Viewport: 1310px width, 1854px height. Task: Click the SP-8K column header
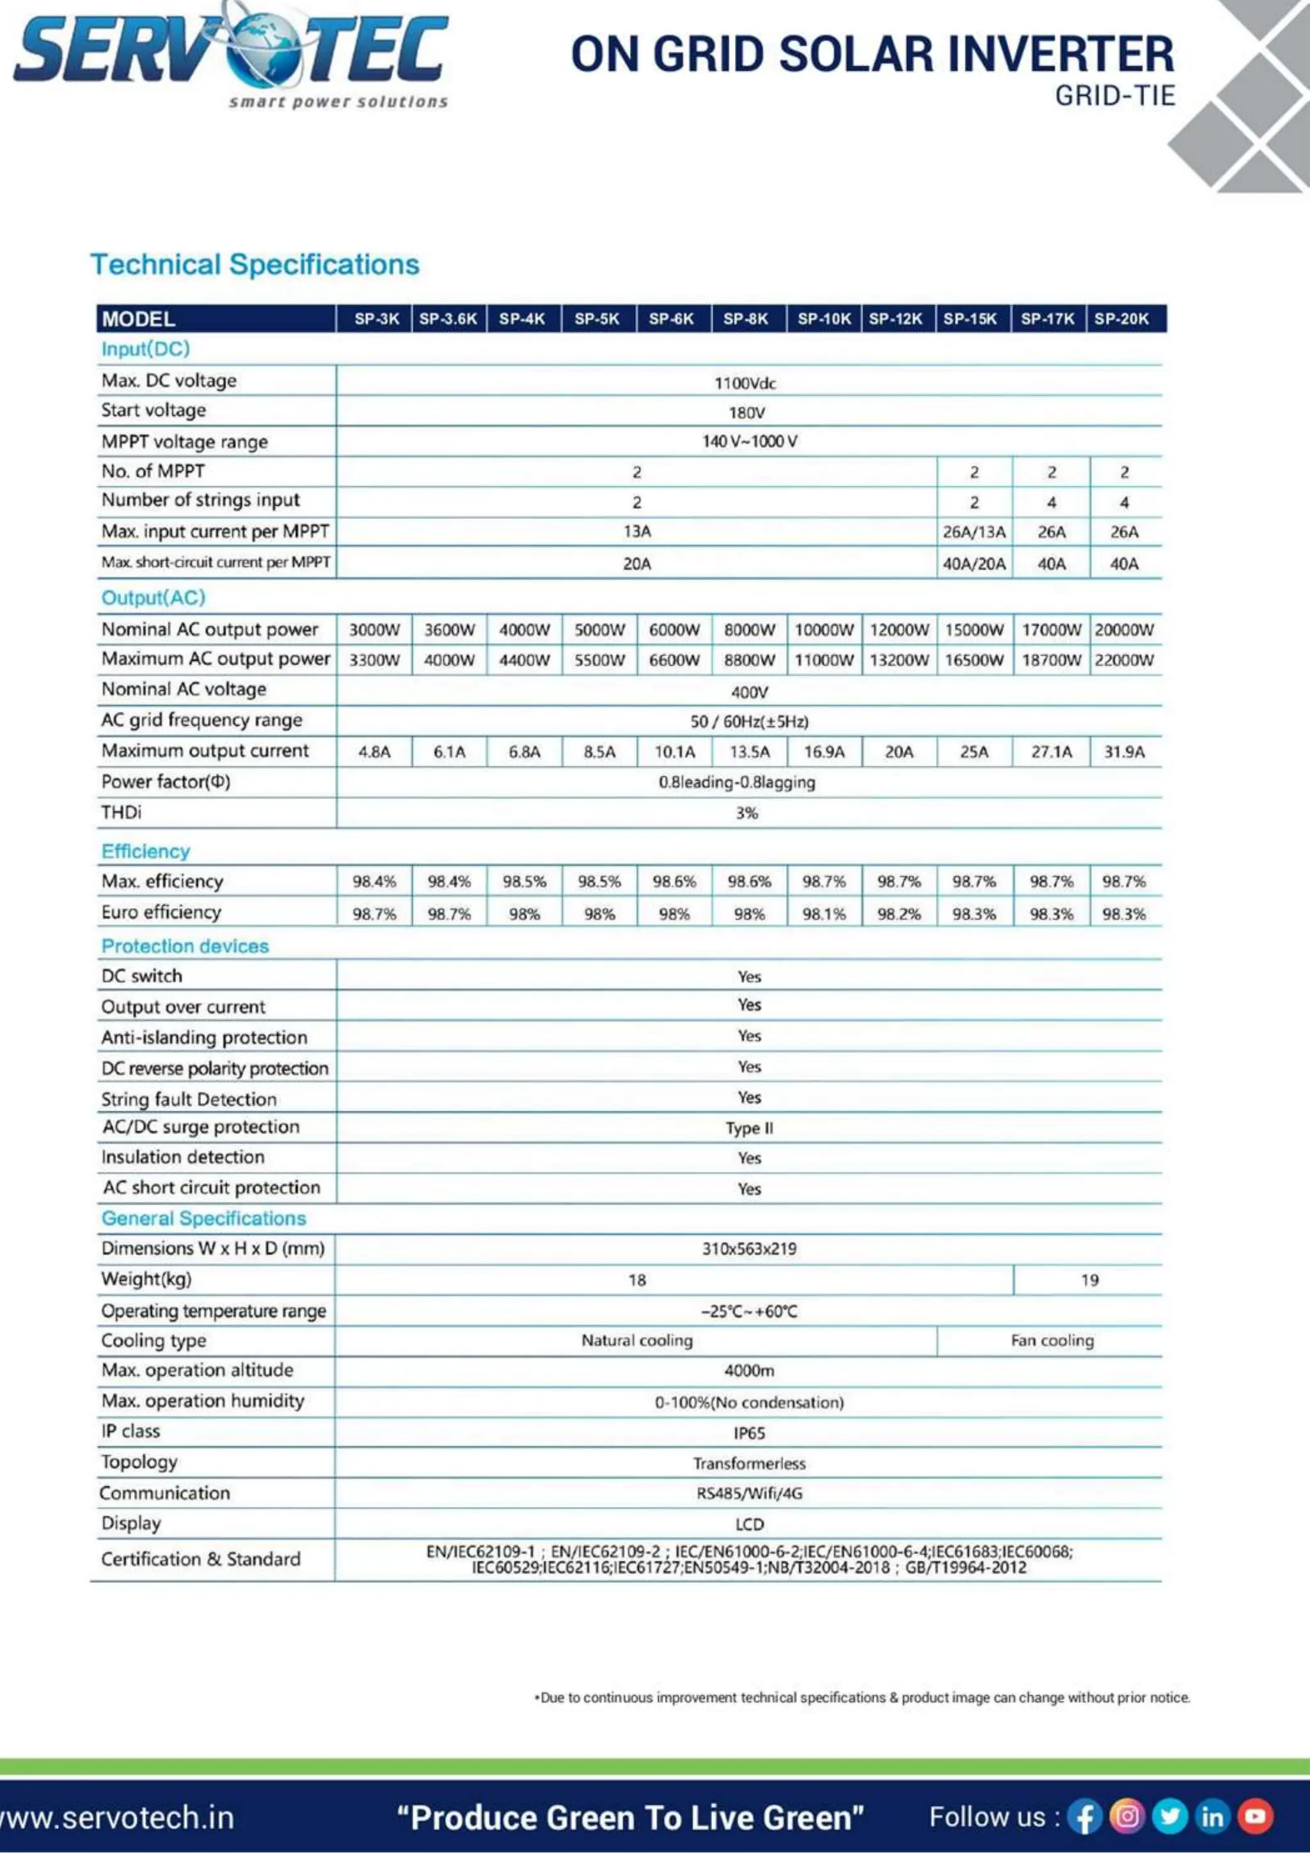tap(745, 319)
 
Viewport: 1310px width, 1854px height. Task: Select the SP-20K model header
tap(1121, 319)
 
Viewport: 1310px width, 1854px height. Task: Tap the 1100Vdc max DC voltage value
tap(745, 383)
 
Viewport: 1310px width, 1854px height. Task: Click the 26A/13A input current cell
tap(974, 532)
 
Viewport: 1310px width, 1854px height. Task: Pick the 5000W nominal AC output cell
tap(599, 630)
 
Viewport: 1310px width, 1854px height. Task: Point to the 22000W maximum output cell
tap(1124, 660)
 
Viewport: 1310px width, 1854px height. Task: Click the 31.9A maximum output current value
tap(1124, 752)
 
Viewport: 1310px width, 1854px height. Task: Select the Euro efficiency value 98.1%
tap(823, 914)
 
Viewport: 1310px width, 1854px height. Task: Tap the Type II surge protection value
tap(748, 1128)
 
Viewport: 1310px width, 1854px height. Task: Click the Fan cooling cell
tap(1052, 1341)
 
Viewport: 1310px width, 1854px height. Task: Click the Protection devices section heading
tap(185, 946)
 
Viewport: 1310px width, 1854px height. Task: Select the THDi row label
tap(121, 812)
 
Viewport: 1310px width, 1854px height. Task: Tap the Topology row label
tap(139, 1462)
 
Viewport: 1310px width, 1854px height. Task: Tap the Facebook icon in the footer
tap(1084, 1817)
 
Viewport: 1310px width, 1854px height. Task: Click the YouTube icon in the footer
tap(1255, 1816)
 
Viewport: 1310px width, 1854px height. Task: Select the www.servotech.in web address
tap(117, 1818)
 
